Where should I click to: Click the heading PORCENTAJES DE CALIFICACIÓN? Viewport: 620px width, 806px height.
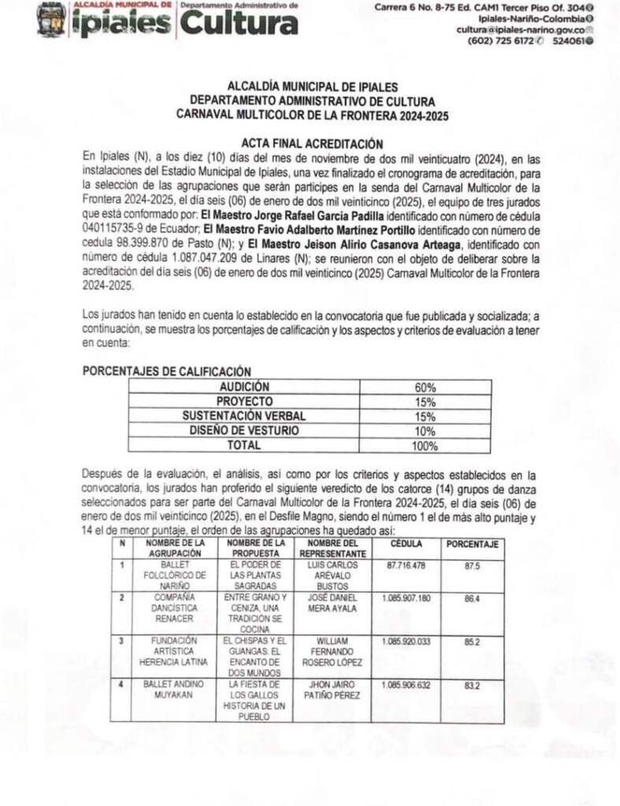coord(167,371)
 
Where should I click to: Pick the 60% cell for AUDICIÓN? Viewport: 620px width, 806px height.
coord(425,387)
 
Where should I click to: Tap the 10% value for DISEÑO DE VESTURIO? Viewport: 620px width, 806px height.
coord(425,431)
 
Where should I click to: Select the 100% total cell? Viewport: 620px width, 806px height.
coord(425,446)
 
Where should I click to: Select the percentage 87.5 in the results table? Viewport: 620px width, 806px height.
coord(472,566)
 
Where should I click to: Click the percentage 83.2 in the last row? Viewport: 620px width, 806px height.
coord(472,686)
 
